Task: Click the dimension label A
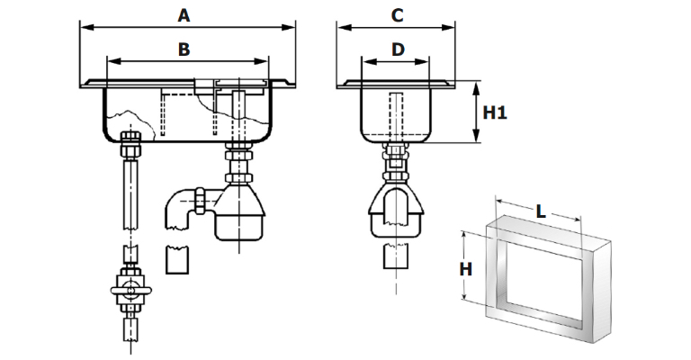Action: coord(184,15)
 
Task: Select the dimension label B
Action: coord(184,49)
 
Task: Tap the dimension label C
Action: coord(397,15)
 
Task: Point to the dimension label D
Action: coord(398,49)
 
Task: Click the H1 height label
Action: coord(495,112)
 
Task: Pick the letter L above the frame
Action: coord(541,211)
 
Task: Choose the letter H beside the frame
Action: coord(466,269)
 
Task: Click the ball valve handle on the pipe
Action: coord(130,291)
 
